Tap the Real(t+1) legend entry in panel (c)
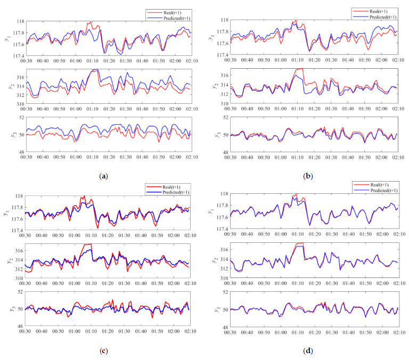(x=167, y=186)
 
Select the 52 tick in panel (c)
(x=20, y=292)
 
